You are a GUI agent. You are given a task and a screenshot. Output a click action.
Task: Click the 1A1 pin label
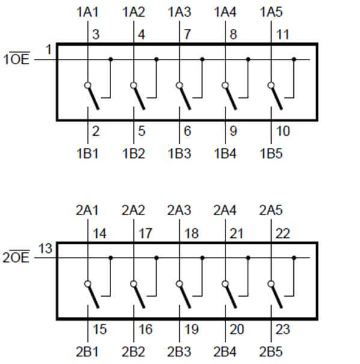click(88, 12)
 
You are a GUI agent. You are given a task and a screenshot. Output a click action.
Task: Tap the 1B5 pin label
click(271, 154)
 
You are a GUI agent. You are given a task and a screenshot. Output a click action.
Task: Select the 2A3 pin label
click(179, 210)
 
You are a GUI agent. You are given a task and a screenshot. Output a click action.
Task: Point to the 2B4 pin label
click(225, 352)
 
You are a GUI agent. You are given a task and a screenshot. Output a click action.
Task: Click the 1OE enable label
click(16, 58)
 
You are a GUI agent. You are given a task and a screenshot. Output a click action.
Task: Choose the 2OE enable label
click(16, 256)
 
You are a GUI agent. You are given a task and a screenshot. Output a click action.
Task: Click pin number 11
click(282, 34)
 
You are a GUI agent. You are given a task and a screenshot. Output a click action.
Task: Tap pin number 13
click(45, 249)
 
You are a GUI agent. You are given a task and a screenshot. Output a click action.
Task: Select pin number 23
click(282, 329)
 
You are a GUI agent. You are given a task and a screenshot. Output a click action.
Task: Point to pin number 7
click(187, 34)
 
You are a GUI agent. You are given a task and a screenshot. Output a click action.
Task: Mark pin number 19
click(191, 329)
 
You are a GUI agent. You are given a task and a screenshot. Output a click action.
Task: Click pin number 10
click(283, 131)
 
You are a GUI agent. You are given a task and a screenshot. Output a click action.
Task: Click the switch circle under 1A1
click(88, 85)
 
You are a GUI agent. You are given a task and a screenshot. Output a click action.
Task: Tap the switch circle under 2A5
click(271, 284)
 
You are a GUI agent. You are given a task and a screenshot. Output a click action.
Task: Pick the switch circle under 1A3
click(179, 85)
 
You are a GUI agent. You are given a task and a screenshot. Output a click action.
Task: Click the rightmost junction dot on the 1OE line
click(294, 59)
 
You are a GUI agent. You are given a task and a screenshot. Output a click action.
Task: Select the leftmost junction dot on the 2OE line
click(111, 258)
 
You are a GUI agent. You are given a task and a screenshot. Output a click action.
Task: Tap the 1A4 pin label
click(225, 12)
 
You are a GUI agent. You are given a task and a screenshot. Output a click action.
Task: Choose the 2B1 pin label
click(87, 352)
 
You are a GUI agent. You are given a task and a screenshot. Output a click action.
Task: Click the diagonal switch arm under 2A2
click(140, 297)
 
